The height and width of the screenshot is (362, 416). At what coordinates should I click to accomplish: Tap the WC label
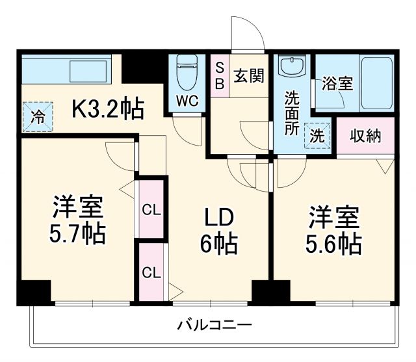[x=187, y=102]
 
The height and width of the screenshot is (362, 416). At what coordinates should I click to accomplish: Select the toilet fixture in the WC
[x=187, y=72]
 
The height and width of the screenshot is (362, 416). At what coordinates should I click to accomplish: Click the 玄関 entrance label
[x=248, y=76]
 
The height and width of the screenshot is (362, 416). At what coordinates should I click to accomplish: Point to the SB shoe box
[x=220, y=76]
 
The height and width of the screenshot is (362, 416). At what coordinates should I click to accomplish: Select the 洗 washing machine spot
[x=317, y=137]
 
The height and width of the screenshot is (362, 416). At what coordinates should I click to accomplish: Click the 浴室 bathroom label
[x=337, y=84]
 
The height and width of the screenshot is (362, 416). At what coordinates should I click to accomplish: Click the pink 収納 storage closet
[x=365, y=136]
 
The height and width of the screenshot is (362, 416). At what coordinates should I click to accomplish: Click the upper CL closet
[x=152, y=210]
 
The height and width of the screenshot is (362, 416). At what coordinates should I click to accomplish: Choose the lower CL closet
[x=152, y=271]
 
